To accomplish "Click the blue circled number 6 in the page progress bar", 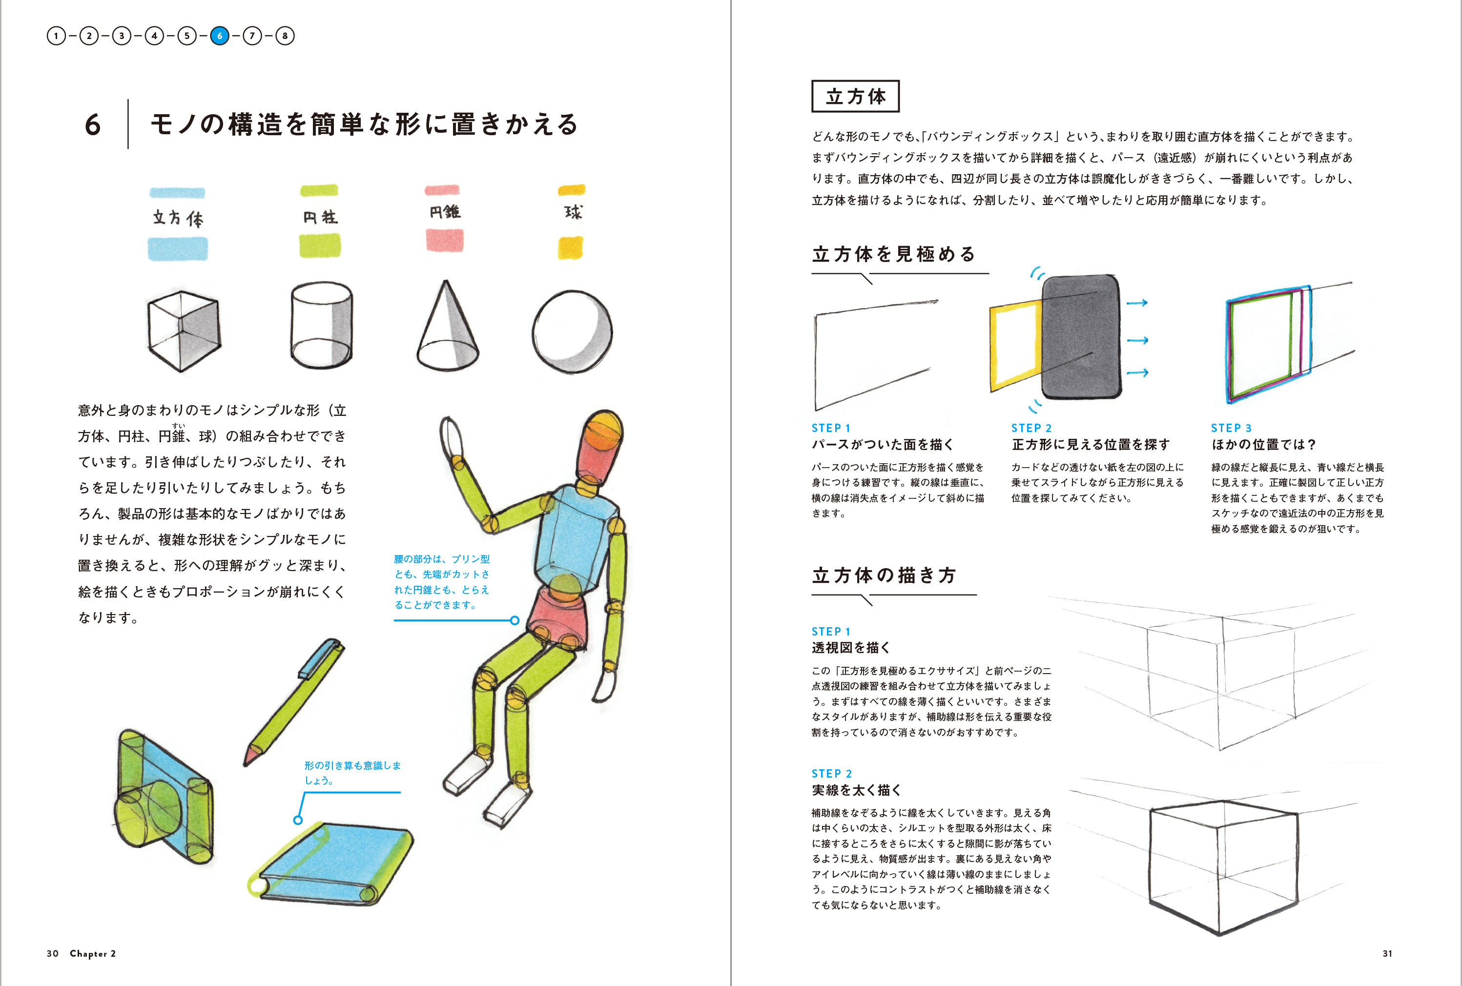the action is pyautogui.click(x=220, y=36).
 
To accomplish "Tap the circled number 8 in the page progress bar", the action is pyautogui.click(x=285, y=36).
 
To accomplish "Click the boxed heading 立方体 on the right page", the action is pyautogui.click(x=855, y=96).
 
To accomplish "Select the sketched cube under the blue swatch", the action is pyautogui.click(x=184, y=331).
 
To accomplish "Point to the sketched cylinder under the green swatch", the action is pyautogui.click(x=321, y=325).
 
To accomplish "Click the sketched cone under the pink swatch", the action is pyautogui.click(x=447, y=327).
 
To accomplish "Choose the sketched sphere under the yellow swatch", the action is pyautogui.click(x=572, y=332).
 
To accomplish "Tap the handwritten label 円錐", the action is pyautogui.click(x=445, y=212).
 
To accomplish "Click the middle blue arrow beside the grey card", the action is pyautogui.click(x=1137, y=340).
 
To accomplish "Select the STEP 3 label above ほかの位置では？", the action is pyautogui.click(x=1231, y=428).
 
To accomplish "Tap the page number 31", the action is pyautogui.click(x=1387, y=953).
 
